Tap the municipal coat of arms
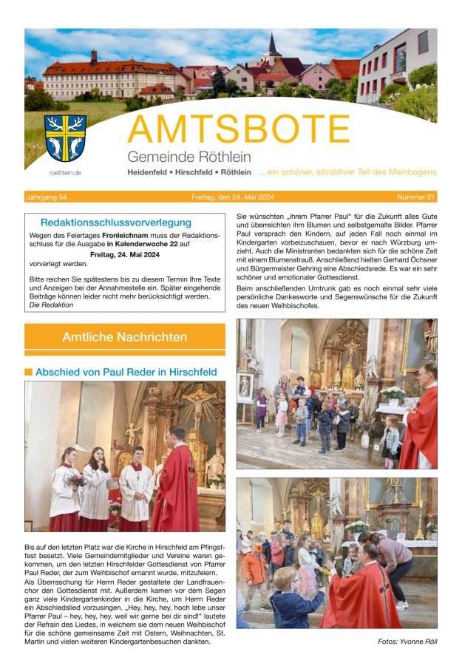tap(65, 137)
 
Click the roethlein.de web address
tap(65, 172)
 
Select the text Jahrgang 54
tap(47, 197)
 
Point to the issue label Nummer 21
tap(416, 197)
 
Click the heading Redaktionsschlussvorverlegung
tap(115, 222)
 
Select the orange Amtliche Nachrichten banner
tap(124, 337)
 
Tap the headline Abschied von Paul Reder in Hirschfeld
tap(126, 372)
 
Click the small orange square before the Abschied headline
tap(28, 372)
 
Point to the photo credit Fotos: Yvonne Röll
tap(407, 641)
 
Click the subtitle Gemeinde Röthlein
tap(188, 157)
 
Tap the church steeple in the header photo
tap(272, 46)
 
